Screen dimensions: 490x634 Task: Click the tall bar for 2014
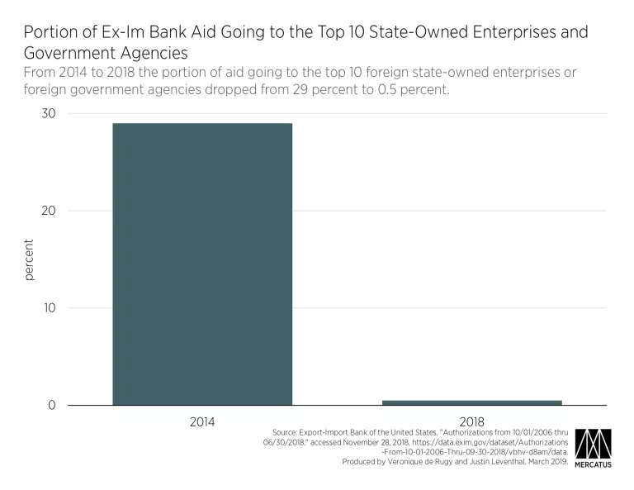[202, 264]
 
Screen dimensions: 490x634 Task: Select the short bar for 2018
[472, 402]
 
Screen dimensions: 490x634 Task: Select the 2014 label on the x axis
[202, 421]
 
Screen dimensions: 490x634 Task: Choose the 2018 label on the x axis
[472, 421]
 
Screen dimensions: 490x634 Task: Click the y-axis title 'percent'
[30, 259]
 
